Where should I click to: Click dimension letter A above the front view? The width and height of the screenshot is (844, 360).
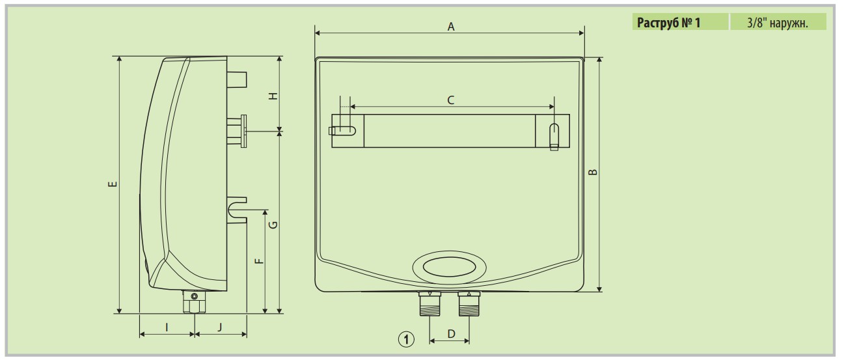coord(450,27)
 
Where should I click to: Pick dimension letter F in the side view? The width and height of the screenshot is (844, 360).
coord(258,261)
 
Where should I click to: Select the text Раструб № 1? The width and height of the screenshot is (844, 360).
coord(671,23)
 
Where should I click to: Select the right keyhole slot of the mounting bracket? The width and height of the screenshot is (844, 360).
coord(554,133)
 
